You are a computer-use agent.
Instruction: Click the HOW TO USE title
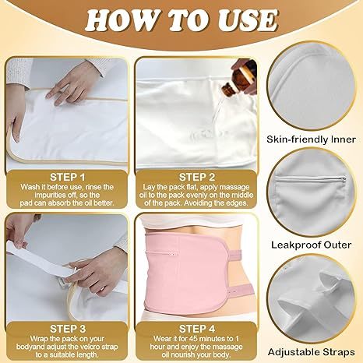[x=181, y=21]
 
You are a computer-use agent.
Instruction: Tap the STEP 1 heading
[x=67, y=178]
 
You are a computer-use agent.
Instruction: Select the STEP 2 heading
[x=197, y=178]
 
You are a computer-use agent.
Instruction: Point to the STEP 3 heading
[x=68, y=329]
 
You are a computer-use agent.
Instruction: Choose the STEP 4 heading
[x=197, y=329]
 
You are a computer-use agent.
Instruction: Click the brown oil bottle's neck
[x=227, y=87]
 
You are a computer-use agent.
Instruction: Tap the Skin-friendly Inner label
[x=311, y=139]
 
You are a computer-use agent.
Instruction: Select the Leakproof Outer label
[x=312, y=245]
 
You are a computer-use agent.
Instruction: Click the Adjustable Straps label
[x=312, y=352]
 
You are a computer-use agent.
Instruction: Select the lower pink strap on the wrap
[x=241, y=291]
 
